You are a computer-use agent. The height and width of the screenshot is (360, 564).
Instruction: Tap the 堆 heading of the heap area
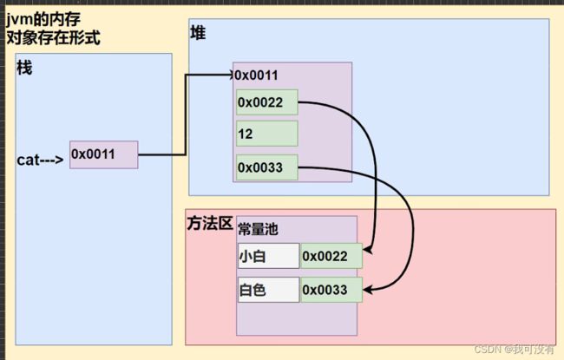(x=198, y=33)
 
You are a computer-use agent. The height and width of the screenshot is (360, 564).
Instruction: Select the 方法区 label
(x=209, y=224)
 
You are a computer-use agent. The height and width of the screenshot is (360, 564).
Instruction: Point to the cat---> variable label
(x=40, y=160)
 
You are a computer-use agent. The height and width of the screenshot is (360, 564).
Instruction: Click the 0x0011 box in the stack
(x=103, y=154)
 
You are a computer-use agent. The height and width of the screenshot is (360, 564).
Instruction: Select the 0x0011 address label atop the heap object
(x=256, y=75)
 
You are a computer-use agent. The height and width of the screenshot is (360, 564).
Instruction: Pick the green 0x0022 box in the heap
(x=266, y=102)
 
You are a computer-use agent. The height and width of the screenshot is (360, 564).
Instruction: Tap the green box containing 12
(x=266, y=134)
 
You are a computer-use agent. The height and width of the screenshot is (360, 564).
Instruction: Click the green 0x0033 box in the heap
(x=266, y=167)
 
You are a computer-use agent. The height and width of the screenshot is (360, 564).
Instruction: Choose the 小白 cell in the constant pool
(x=267, y=257)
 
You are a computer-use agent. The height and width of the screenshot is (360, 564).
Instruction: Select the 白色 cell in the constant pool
(x=267, y=289)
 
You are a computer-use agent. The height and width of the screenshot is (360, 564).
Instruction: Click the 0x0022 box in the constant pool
(x=331, y=257)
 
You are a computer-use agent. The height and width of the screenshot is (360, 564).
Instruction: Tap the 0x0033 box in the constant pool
(x=331, y=289)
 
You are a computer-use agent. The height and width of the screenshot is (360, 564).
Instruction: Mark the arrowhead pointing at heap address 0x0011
(x=227, y=75)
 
